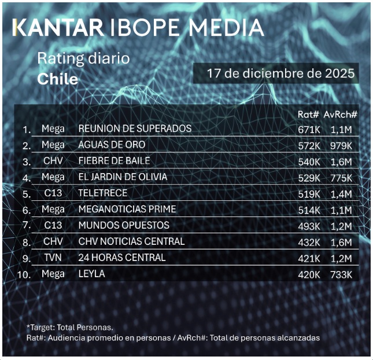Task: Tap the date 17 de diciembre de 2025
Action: [274, 74]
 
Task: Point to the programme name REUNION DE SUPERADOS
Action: [135, 128]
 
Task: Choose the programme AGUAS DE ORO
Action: [112, 145]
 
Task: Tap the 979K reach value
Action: [340, 145]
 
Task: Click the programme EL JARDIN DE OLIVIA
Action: [123, 177]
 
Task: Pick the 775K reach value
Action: [340, 177]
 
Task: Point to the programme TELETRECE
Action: [103, 193]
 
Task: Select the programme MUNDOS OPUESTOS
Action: [124, 225]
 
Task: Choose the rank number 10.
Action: [24, 274]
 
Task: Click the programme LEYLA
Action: [91, 274]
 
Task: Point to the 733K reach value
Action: [340, 274]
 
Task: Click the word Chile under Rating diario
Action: [57, 79]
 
